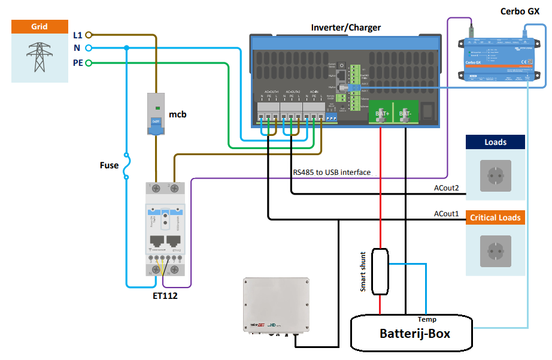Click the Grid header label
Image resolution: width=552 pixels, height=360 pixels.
pos(40,27)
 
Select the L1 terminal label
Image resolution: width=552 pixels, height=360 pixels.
pos(77,35)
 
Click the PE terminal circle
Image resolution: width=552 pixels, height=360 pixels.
pos(88,62)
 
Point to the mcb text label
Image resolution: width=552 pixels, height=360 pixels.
pos(178,114)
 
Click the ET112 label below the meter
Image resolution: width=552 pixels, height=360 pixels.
pos(165,295)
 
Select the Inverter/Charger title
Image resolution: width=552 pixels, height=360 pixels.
pos(345,28)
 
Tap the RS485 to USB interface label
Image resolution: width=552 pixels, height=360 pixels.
pos(331,173)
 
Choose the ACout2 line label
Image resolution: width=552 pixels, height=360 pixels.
pos(446,189)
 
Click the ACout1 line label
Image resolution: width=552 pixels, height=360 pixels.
pos(446,214)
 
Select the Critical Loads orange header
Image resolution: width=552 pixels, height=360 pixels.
pos(495,217)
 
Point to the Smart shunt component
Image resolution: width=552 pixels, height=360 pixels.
pos(380,271)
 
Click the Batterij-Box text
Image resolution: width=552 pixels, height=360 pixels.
pos(415,332)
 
